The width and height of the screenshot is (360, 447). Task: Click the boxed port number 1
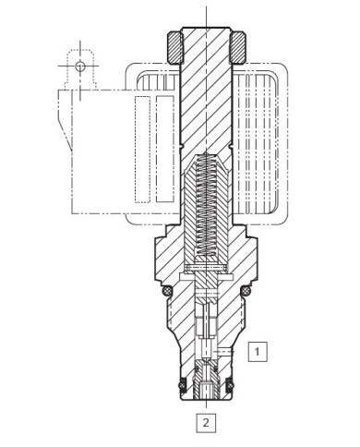coord(260,350)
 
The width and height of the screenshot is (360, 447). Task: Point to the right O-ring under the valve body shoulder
coord(245,292)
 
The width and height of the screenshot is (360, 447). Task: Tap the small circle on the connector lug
coord(81,66)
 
